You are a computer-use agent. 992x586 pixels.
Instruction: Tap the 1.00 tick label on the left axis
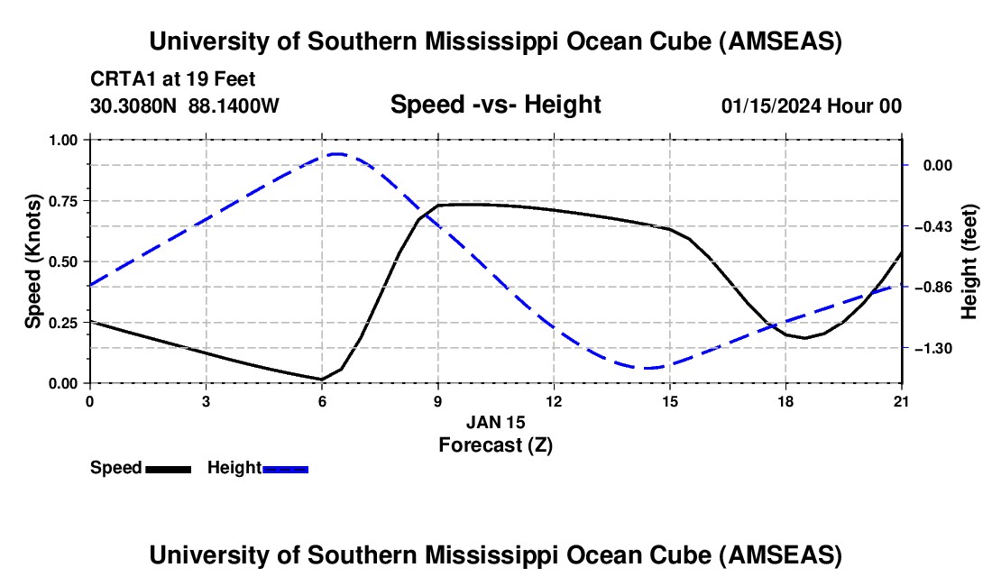click(65, 140)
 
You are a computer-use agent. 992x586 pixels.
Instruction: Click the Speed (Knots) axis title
click(32, 261)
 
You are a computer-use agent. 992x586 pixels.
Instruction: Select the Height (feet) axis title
click(970, 261)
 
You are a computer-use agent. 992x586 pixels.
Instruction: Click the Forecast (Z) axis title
click(495, 444)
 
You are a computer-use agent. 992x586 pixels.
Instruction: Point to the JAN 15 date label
click(495, 422)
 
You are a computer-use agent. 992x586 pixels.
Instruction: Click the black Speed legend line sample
click(168, 469)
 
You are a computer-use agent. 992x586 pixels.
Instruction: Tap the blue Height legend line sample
click(286, 469)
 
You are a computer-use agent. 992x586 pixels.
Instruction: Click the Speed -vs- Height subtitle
click(495, 105)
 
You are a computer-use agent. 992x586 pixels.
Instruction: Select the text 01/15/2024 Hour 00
click(811, 105)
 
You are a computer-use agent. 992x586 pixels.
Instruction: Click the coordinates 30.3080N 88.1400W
click(185, 105)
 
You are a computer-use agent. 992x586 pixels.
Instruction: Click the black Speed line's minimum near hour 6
click(322, 379)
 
